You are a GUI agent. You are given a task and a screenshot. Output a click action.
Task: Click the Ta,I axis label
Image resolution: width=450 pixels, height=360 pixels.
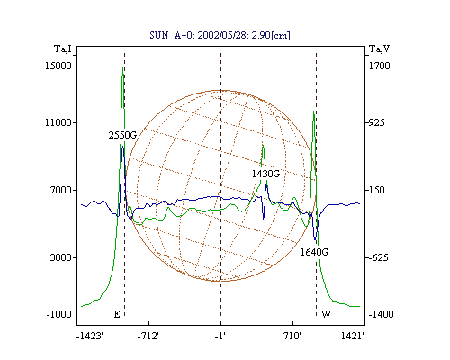point(63,49)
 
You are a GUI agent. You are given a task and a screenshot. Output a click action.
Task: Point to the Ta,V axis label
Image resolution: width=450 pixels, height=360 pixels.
point(379,49)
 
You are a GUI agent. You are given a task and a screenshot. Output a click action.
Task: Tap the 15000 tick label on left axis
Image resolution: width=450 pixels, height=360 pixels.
point(58,66)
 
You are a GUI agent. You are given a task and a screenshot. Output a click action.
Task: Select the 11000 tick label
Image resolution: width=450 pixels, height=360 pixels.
point(58,122)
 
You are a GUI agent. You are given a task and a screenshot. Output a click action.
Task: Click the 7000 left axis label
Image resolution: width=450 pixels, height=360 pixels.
point(61,190)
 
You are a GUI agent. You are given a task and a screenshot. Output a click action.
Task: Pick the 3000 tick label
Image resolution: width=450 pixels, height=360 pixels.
point(61,257)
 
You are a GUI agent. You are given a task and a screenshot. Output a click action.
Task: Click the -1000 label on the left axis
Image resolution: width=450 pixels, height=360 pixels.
point(59,314)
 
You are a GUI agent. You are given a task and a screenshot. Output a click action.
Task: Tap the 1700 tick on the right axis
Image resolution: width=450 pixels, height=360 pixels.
point(379,66)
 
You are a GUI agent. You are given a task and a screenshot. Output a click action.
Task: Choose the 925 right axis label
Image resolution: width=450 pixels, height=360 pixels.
point(376,122)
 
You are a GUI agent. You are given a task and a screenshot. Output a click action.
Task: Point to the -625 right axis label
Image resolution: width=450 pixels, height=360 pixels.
point(378,257)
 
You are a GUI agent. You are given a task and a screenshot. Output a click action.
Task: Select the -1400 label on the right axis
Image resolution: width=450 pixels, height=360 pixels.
point(381,314)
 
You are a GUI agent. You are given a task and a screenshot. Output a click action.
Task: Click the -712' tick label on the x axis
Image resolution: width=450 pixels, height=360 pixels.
point(148,336)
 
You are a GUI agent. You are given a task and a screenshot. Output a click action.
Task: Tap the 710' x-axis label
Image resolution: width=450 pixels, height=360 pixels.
point(292,336)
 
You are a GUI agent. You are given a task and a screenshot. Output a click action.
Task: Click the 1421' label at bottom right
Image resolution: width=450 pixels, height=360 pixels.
point(353,336)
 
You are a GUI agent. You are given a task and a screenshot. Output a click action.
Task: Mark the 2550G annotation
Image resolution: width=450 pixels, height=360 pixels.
point(122,135)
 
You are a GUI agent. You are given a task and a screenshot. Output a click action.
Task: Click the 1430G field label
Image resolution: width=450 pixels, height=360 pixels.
point(265,174)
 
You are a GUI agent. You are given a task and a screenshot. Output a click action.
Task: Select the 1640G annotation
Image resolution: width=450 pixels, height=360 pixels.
point(314,252)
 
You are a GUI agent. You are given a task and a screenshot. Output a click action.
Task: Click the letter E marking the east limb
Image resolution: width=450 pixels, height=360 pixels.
point(117,314)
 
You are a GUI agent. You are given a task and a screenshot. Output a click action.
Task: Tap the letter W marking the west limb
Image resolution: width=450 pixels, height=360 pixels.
point(326,314)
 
